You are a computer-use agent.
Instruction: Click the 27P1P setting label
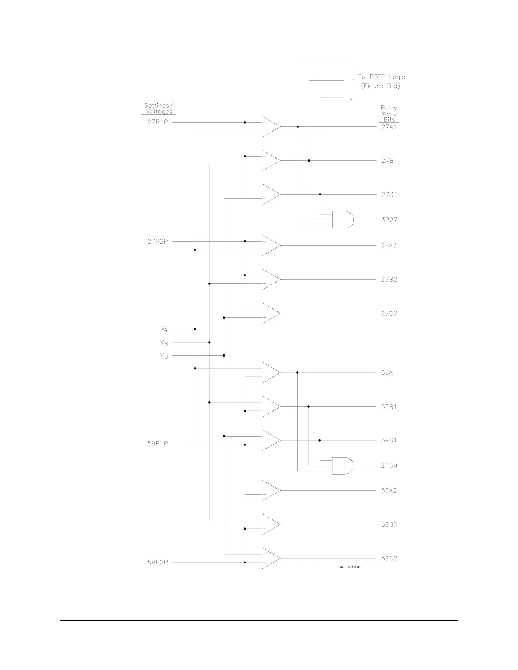pos(157,123)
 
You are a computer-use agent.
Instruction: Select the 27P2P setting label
pos(157,242)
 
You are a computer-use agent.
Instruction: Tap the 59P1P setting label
pos(157,444)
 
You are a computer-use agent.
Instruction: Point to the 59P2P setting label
pos(157,563)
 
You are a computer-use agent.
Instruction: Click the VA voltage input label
pos(164,329)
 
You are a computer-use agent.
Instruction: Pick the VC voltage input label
pos(164,356)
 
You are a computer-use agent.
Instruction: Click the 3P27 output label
pos(389,220)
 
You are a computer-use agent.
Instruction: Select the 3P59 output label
pos(389,466)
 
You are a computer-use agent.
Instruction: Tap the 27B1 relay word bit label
pos(389,161)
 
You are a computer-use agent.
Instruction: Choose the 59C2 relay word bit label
pos(389,558)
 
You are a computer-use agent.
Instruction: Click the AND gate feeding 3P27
pos(342,220)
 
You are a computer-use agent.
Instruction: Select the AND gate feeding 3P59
pos(342,465)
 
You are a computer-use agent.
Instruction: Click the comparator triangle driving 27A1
pos(270,126)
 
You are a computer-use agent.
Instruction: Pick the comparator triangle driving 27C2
pos(270,313)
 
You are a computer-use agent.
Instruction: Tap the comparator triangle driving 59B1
pos(270,406)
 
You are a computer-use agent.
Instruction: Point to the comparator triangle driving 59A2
pos(270,491)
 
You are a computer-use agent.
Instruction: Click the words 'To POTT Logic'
pos(381,77)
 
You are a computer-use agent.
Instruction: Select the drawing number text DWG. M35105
pos(349,567)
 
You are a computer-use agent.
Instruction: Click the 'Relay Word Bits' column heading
pos(389,114)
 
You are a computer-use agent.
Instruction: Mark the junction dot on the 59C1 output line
pos(320,440)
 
